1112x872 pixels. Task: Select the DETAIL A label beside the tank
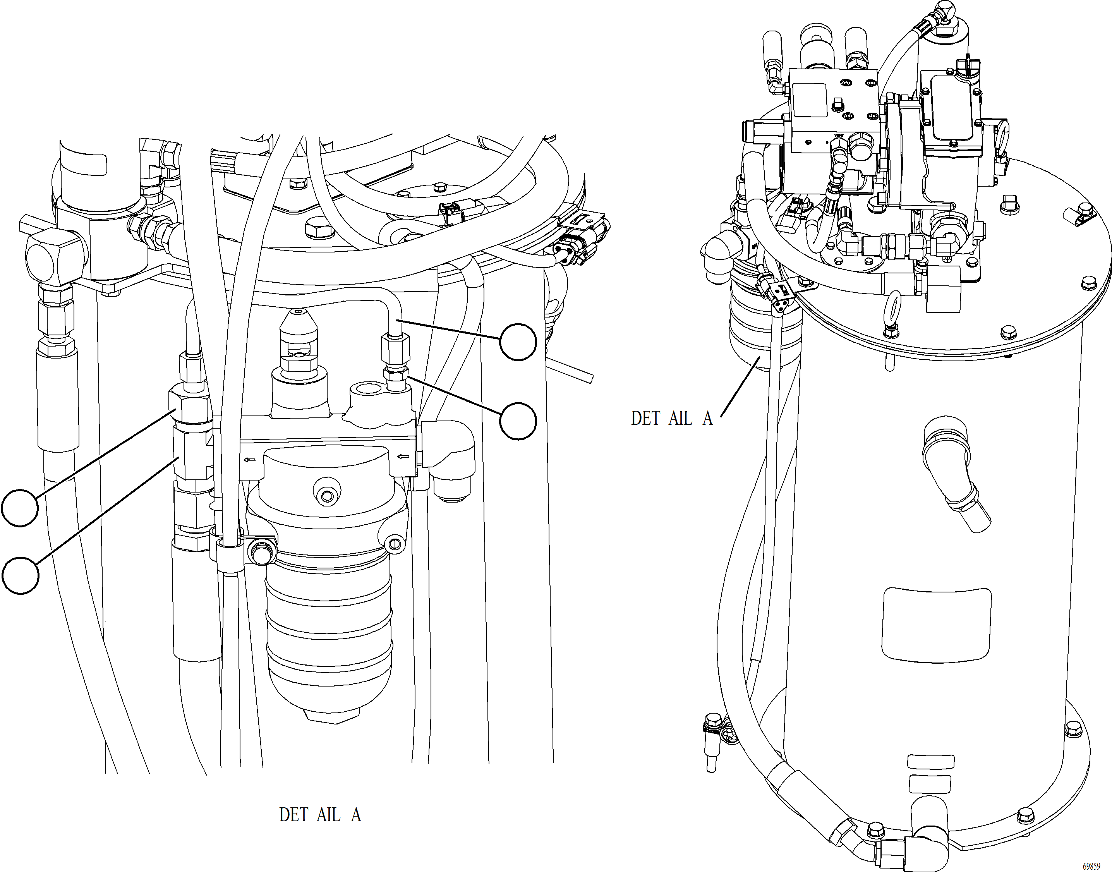[x=671, y=418]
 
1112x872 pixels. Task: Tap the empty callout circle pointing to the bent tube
[x=518, y=342]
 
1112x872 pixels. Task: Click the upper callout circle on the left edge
[x=19, y=508]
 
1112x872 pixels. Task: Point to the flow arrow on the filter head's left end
[x=250, y=460]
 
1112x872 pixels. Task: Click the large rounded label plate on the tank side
[x=936, y=625]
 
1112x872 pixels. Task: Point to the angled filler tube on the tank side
[x=955, y=474]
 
